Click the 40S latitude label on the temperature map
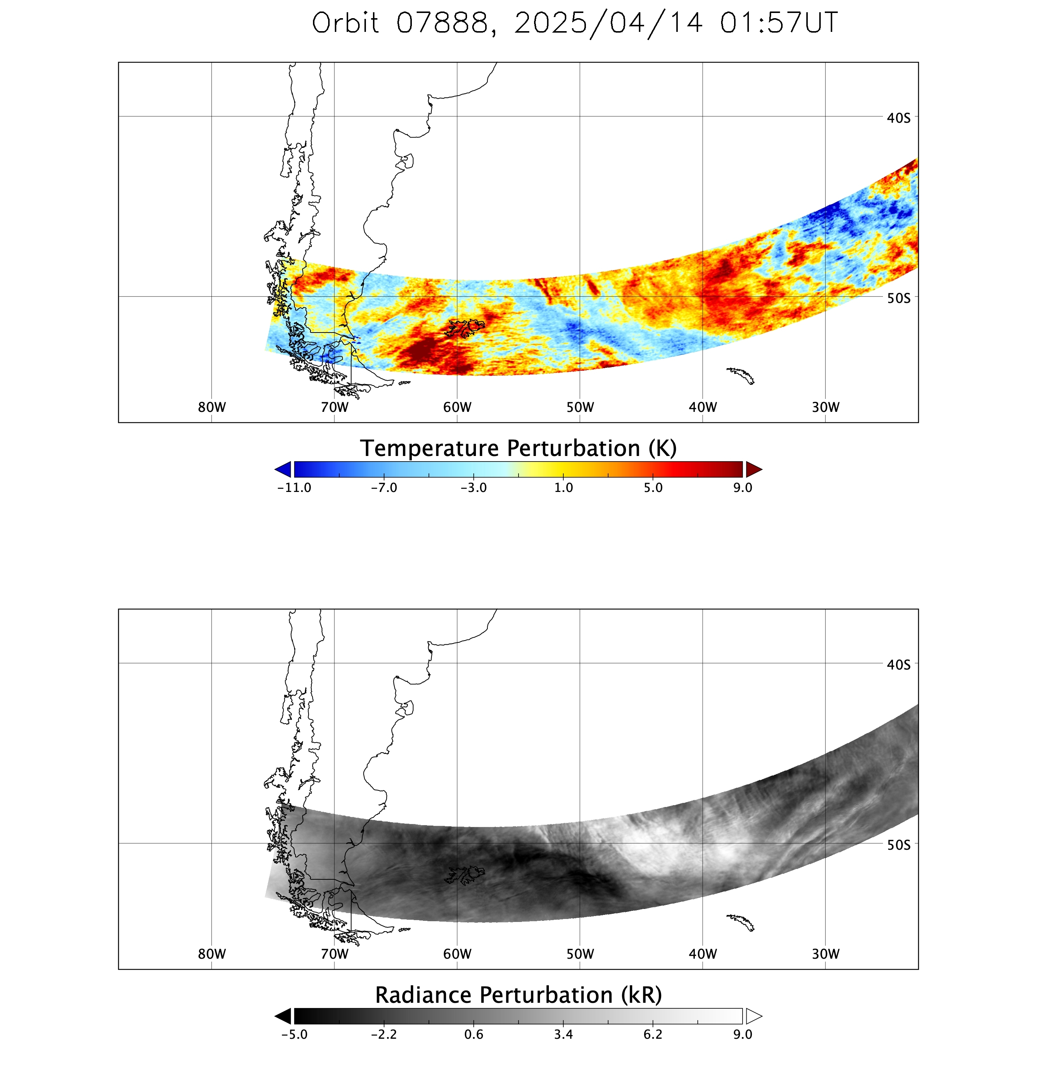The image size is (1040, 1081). click(x=899, y=118)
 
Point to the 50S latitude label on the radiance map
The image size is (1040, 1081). click(x=899, y=844)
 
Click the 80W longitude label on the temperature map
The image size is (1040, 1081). click(x=211, y=407)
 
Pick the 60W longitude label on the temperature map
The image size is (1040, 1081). click(x=457, y=407)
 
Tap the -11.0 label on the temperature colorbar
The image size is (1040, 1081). click(x=294, y=487)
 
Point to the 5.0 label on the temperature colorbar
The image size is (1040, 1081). click(x=653, y=487)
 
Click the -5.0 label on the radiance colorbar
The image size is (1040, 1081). click(x=294, y=1034)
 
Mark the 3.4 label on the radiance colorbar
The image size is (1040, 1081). click(x=563, y=1034)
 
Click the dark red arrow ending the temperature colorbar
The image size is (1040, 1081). click(x=753, y=469)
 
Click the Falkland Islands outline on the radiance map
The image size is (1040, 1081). click(x=464, y=875)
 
